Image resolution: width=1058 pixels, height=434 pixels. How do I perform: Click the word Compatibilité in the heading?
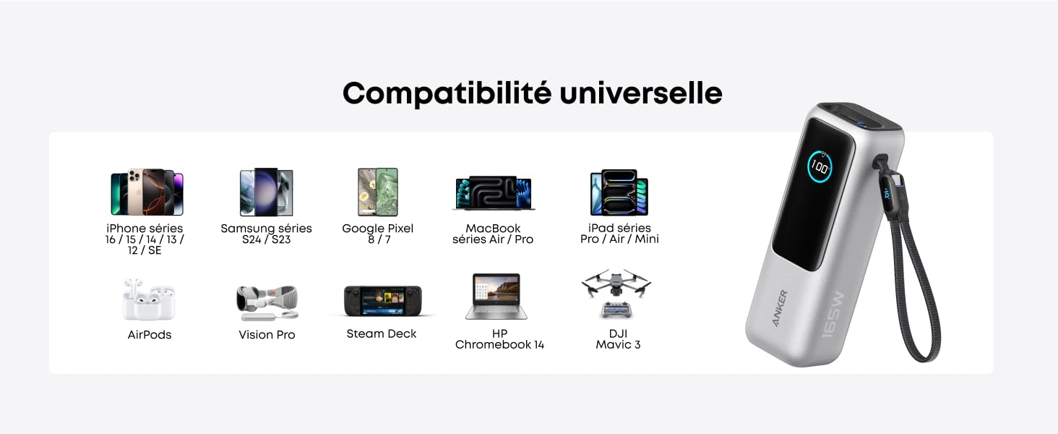click(447, 93)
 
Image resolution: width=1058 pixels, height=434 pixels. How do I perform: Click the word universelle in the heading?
click(641, 93)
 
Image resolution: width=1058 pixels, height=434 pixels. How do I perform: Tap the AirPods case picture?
click(149, 299)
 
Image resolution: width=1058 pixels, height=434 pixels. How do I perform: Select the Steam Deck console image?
click(382, 301)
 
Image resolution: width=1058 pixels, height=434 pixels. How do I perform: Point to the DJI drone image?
click(616, 293)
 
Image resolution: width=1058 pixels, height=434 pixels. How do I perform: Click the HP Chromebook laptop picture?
click(496, 297)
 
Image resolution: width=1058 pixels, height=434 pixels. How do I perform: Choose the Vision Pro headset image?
click(267, 302)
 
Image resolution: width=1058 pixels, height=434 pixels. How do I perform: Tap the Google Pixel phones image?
click(378, 192)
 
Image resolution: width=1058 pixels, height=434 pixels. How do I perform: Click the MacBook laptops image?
click(494, 193)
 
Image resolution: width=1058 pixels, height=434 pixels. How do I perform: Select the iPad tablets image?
click(619, 192)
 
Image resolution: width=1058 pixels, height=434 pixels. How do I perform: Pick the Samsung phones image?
click(267, 192)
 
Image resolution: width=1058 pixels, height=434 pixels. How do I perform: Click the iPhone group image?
click(147, 192)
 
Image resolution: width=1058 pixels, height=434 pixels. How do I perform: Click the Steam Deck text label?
click(382, 333)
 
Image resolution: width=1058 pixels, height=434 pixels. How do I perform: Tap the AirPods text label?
click(150, 335)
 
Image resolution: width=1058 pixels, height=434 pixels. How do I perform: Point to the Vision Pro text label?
click(267, 335)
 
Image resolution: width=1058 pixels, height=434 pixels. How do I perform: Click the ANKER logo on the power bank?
click(780, 307)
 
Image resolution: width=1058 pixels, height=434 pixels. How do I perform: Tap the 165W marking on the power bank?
click(833, 315)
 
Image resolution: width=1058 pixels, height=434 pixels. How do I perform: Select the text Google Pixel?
click(378, 229)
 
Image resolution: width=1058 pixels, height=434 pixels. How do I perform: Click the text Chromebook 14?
click(499, 344)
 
